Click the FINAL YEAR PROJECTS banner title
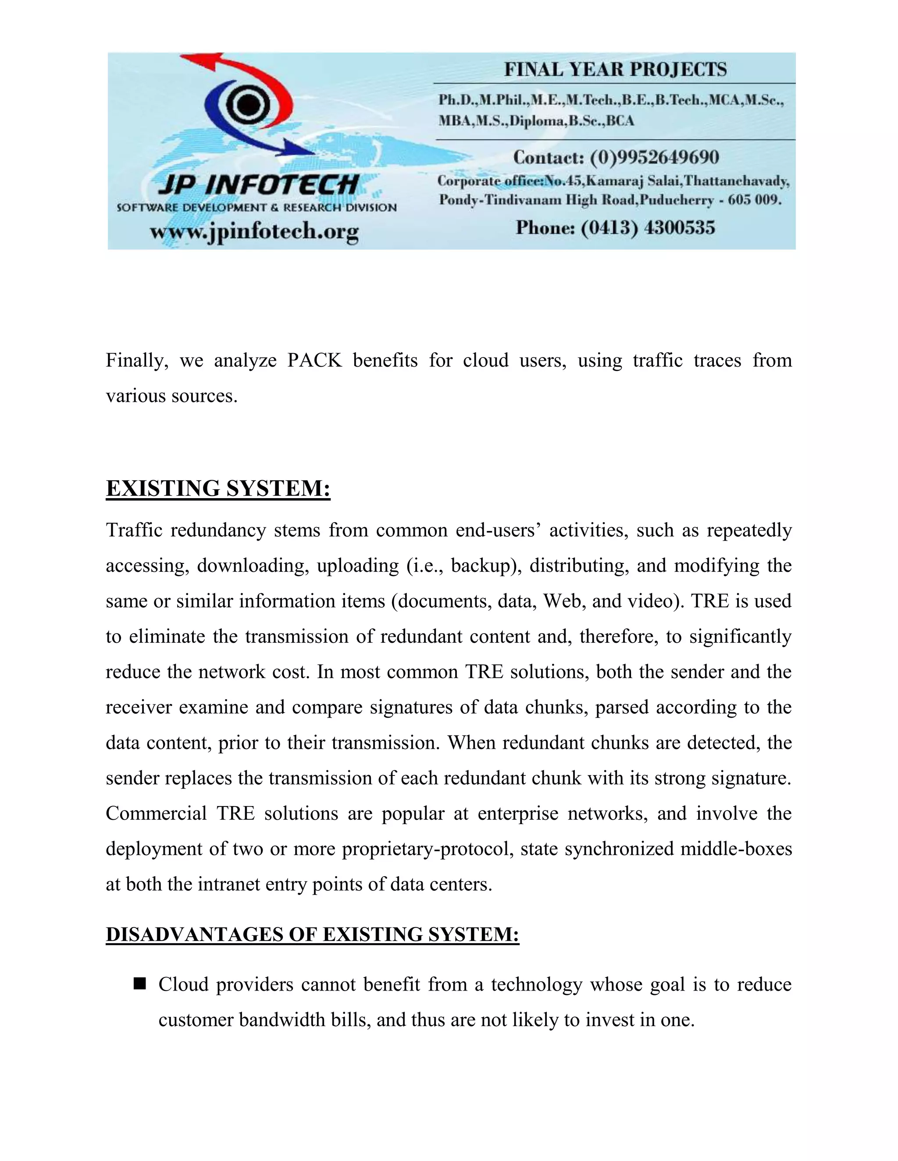tap(615, 70)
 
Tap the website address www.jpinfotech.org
tap(254, 232)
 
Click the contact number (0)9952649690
tap(654, 157)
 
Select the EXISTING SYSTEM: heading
tap(218, 488)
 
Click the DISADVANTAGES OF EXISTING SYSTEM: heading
tap(312, 934)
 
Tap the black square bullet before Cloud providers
tap(140, 984)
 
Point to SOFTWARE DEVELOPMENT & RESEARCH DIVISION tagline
tap(257, 208)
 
